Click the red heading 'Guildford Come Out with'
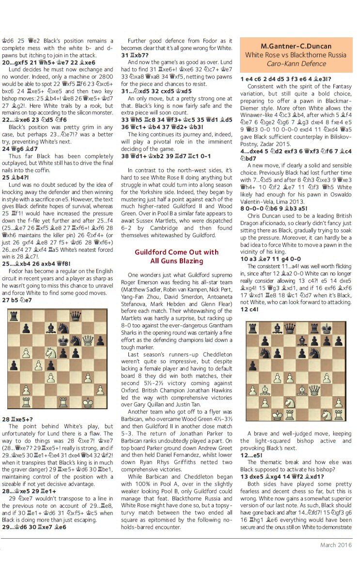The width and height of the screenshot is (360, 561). click(x=177, y=252)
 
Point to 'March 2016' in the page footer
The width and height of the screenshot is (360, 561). click(x=336, y=545)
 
